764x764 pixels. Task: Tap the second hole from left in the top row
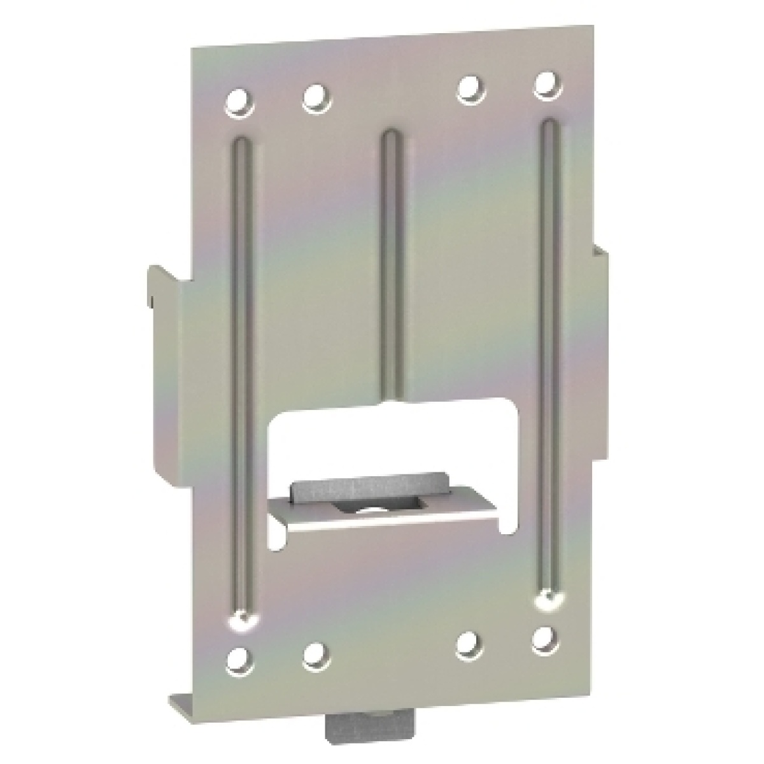point(314,97)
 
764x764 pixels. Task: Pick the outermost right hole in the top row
point(544,85)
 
